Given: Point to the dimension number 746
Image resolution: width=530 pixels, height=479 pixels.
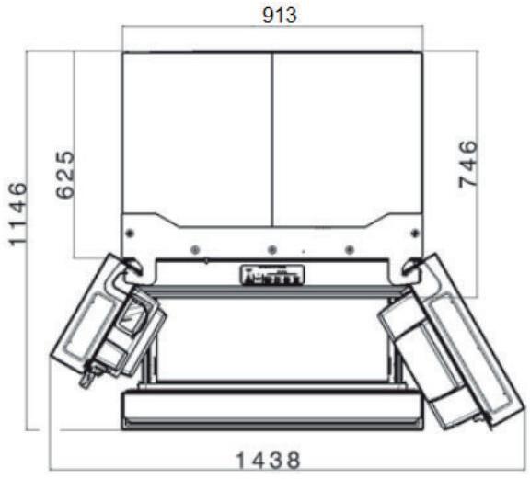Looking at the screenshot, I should [x=468, y=165].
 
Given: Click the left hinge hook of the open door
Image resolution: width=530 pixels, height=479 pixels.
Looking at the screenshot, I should [x=130, y=267].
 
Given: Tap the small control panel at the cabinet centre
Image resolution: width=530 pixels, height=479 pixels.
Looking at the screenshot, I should [x=271, y=275].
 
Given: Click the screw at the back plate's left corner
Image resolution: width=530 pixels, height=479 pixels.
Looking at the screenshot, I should [x=130, y=230].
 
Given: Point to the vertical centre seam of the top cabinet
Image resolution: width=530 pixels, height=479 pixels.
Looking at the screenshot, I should [x=272, y=138].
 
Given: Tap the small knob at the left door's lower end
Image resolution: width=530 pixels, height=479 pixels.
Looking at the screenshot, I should [x=89, y=374].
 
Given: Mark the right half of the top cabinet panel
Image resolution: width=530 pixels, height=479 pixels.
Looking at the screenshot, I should [x=348, y=129].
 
